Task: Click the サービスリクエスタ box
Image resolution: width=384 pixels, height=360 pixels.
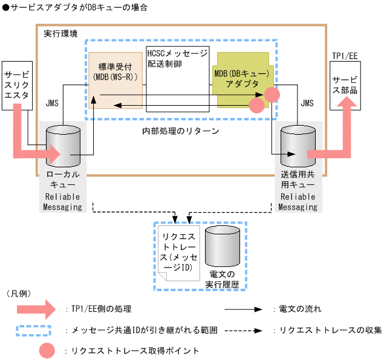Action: [16, 85]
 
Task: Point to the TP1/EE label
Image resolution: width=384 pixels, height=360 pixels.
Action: [343, 55]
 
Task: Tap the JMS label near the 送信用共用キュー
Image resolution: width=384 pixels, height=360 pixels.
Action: [307, 103]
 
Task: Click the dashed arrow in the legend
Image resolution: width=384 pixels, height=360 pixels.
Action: [242, 330]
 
